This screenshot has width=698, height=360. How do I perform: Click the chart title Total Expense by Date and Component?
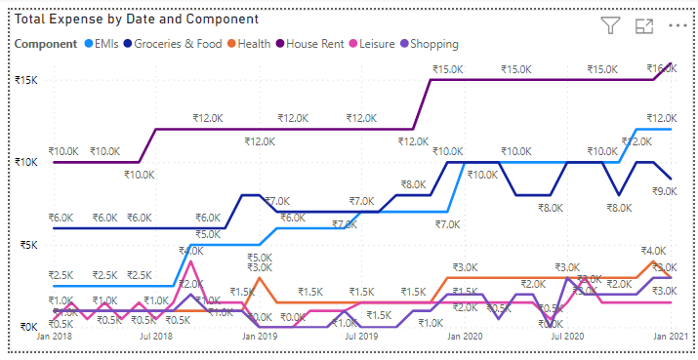[137, 19]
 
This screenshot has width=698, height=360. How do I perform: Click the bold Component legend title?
[46, 43]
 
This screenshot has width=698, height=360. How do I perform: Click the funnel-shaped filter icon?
[610, 26]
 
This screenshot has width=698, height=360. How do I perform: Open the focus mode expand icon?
[643, 26]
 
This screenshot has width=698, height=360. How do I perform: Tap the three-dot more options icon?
[677, 26]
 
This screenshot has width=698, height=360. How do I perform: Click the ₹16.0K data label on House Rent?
[661, 68]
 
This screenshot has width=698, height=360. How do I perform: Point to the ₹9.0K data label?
[666, 192]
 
